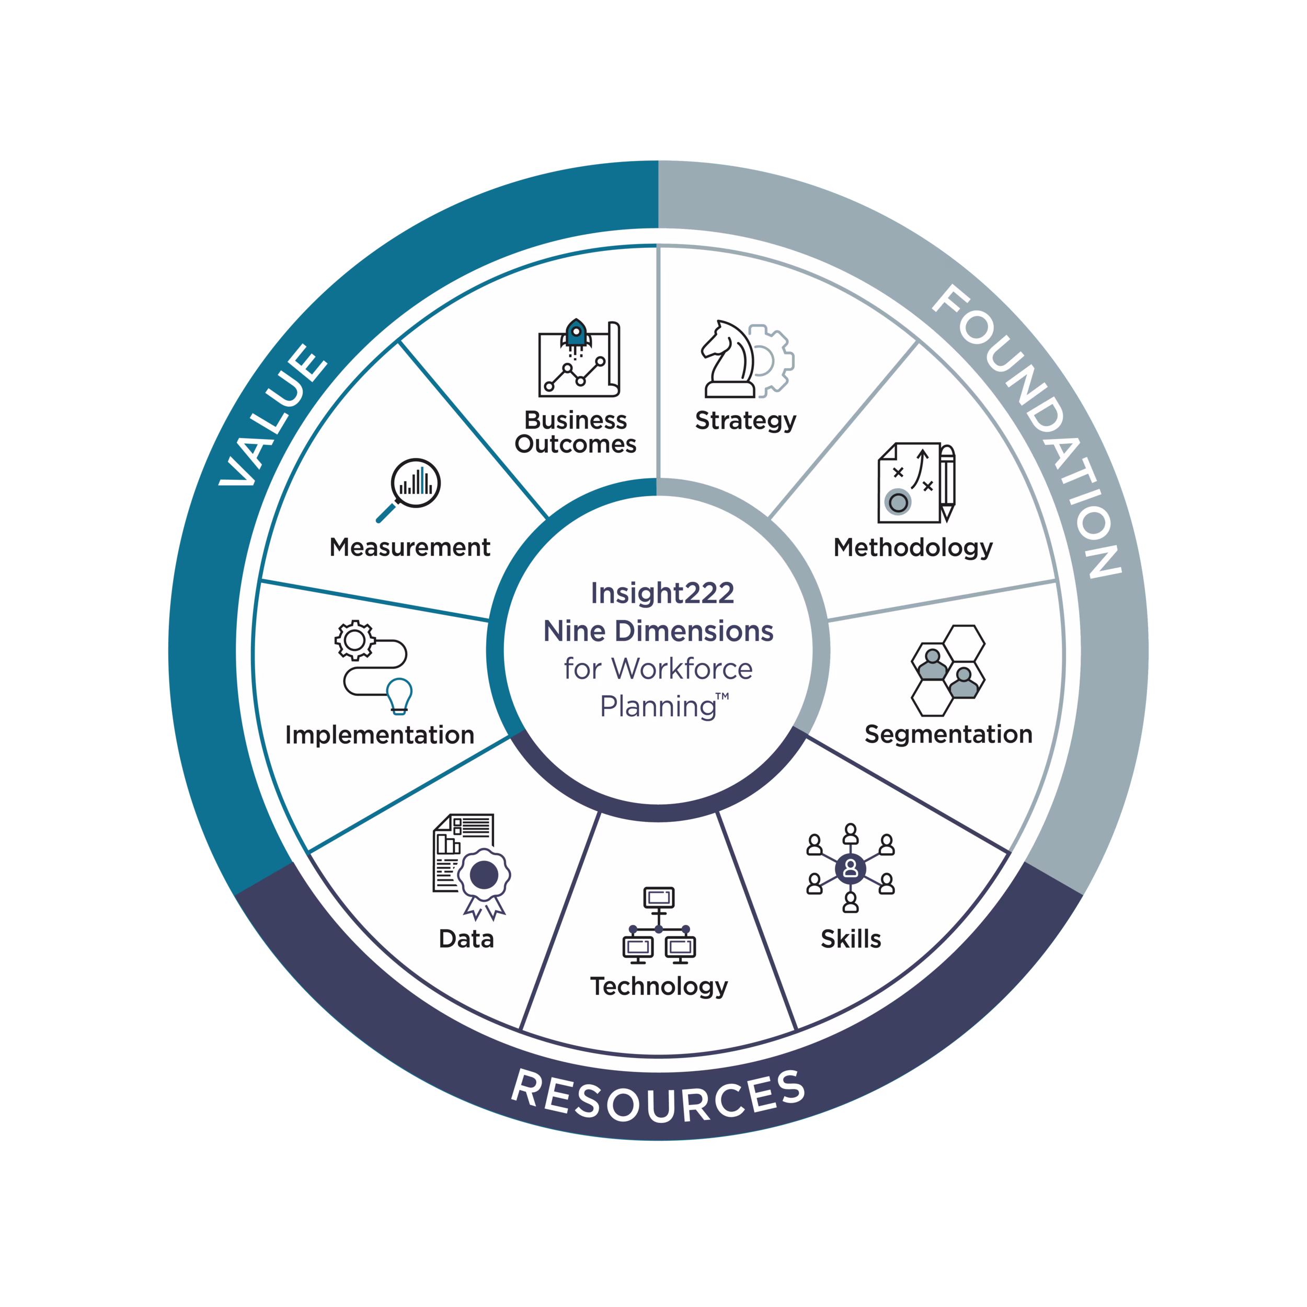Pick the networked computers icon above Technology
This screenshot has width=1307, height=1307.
click(659, 925)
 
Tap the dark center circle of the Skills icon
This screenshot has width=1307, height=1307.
click(851, 868)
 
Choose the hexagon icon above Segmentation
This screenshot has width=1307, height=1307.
click(948, 670)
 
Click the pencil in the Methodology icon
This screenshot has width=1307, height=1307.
click(947, 483)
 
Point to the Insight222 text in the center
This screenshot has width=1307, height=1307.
click(662, 593)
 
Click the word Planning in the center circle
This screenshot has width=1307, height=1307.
click(658, 707)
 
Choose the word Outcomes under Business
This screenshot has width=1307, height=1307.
click(576, 444)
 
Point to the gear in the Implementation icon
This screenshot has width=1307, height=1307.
click(355, 640)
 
